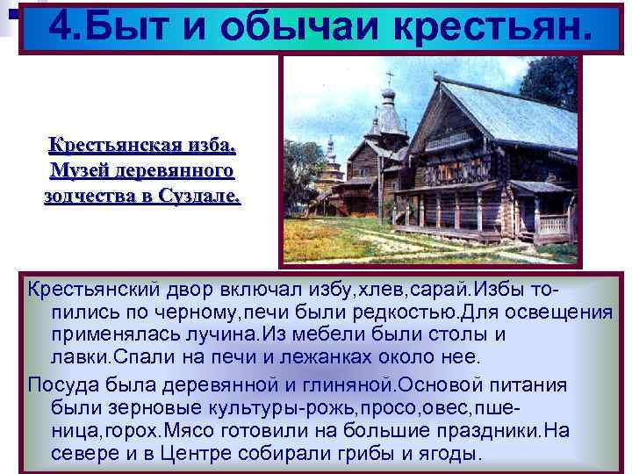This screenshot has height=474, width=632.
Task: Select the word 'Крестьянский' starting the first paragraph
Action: coord(90,291)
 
